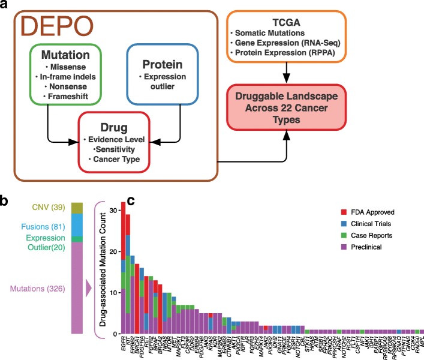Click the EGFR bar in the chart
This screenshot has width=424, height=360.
[x=124, y=267]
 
